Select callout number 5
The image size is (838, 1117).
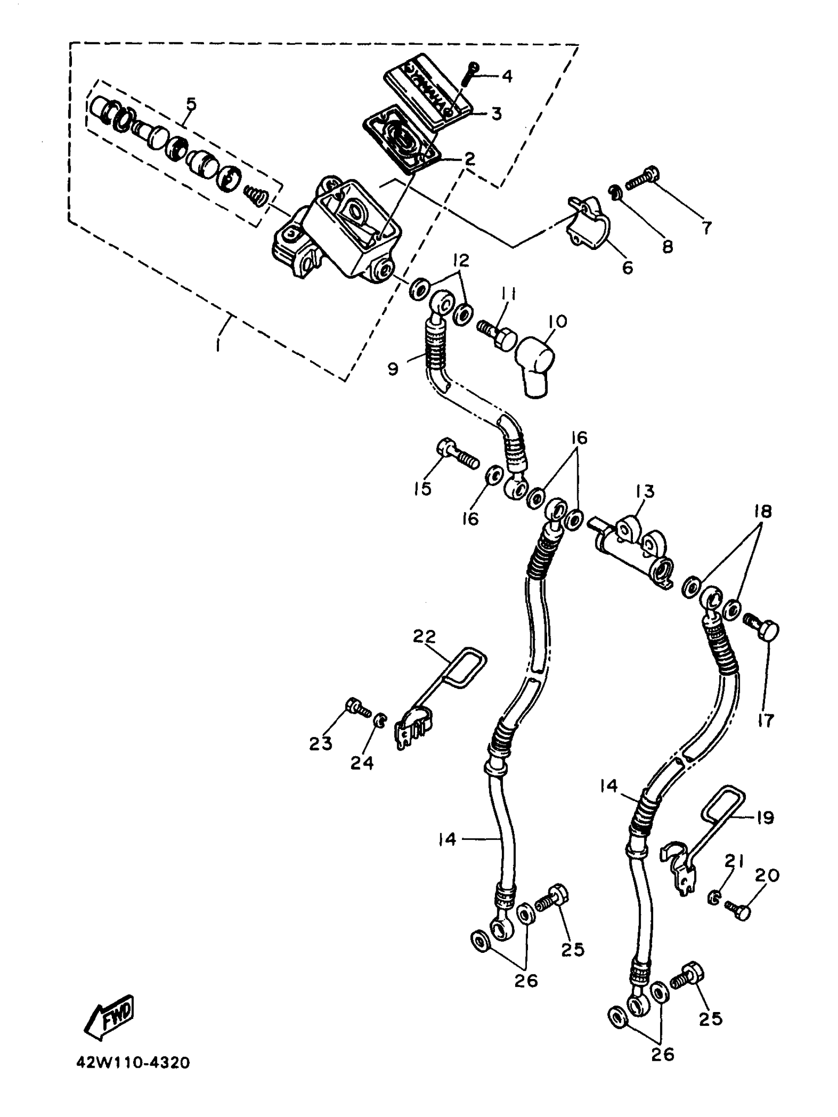(191, 104)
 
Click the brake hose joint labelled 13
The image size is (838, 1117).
(631, 550)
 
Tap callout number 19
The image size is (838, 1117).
(766, 817)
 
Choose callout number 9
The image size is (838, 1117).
(393, 369)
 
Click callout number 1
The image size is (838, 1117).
(218, 346)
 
